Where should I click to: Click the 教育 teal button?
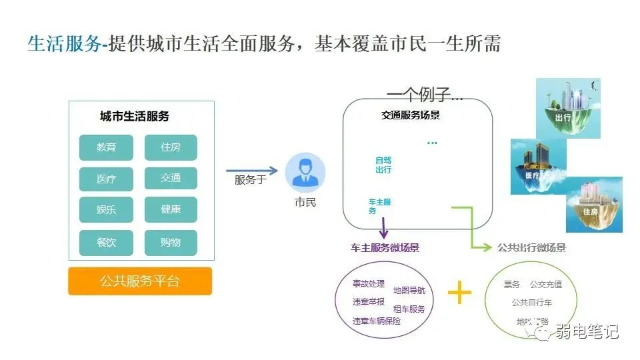(106, 147)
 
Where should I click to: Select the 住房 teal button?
(171, 147)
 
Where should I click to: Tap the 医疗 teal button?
(106, 179)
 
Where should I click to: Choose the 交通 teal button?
(171, 178)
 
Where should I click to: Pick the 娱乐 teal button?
(106, 210)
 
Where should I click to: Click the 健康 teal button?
(171, 209)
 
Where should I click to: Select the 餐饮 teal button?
(106, 243)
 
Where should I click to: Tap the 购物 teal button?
(171, 243)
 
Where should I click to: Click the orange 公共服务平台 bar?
(140, 281)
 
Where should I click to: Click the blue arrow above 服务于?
(251, 171)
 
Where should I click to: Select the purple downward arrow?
(383, 227)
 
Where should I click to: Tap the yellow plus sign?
(459, 292)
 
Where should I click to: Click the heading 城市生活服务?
(135, 116)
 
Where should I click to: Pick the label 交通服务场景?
(411, 115)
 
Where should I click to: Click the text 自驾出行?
(383, 165)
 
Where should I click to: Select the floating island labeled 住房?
(593, 203)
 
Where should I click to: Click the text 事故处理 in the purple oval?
(369, 284)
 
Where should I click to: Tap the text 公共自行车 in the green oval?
(532, 303)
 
